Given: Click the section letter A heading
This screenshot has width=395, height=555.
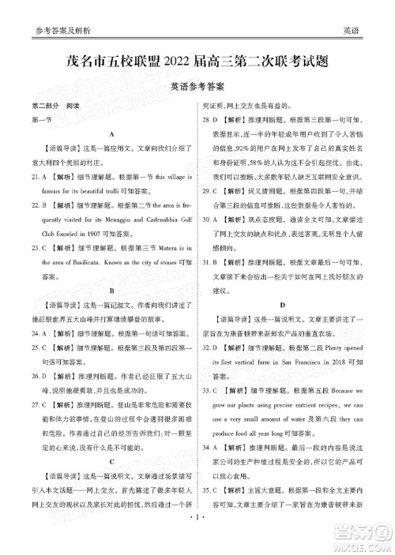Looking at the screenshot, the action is click(x=113, y=135).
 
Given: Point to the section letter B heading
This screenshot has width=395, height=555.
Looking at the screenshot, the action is click(x=113, y=290).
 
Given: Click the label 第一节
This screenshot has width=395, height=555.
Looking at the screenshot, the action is click(x=39, y=120).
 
